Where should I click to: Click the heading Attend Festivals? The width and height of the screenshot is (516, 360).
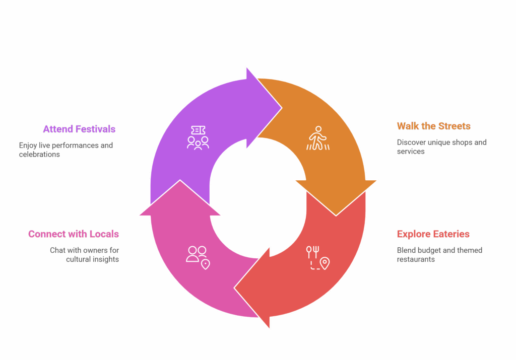[x=79, y=129]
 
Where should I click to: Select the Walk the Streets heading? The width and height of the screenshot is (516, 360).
[x=433, y=126]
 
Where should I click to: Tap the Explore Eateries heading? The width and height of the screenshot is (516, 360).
[x=433, y=234]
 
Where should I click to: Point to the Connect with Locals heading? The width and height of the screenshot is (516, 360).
[x=74, y=234]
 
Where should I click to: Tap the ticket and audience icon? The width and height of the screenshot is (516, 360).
[x=198, y=137]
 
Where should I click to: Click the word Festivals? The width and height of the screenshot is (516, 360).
[x=95, y=129]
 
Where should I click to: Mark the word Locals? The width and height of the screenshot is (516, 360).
[x=104, y=234]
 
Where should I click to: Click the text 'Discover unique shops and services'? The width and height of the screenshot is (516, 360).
[x=441, y=147]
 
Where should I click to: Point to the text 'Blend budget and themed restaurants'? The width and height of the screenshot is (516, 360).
[x=439, y=255]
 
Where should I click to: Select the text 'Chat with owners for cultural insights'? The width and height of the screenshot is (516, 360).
[x=85, y=255]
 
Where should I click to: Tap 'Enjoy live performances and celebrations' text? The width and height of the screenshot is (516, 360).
[x=66, y=150]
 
